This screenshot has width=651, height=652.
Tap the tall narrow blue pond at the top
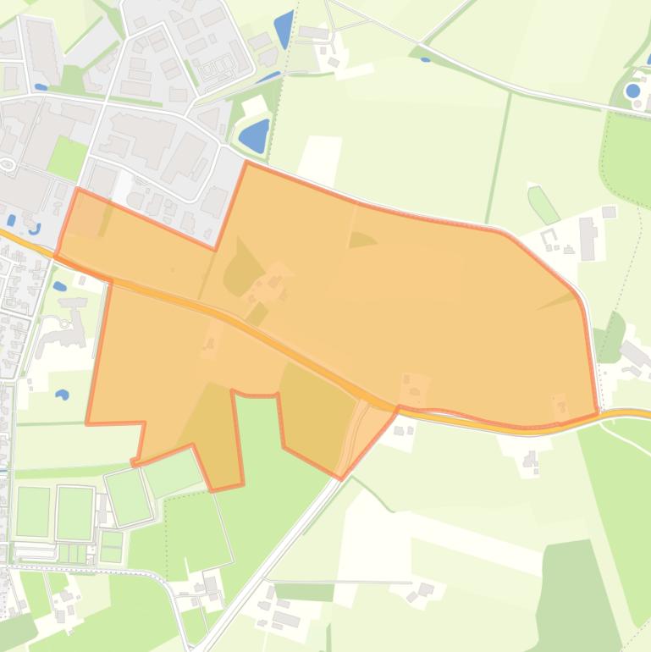pos(284,28)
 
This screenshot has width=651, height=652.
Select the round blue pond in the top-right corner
pos(633,91)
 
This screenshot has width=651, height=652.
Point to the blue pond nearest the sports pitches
pos(63,395)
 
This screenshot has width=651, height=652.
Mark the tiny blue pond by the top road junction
pos(425,58)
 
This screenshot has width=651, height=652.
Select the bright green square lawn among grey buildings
pos(67,157)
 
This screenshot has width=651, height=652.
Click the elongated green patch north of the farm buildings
pos(543,204)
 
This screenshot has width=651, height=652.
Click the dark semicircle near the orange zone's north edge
pos(361,240)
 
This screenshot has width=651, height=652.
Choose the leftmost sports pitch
pos(33,511)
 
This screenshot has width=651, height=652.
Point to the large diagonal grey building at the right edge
pos(637,354)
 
